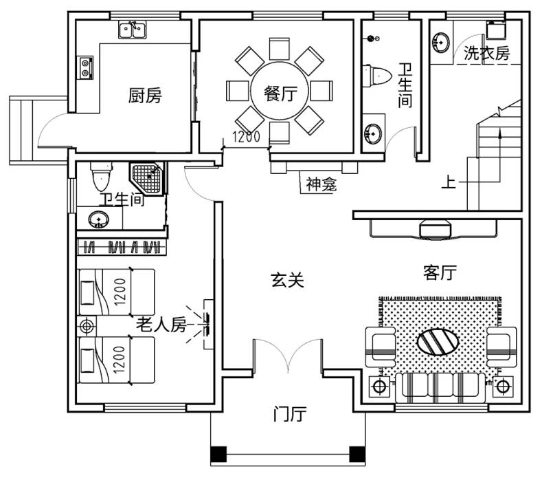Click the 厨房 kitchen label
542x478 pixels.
coord(145,95)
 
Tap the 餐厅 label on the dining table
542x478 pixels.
coord(280,93)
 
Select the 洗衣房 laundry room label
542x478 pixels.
coord(486,53)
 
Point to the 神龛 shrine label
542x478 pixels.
coord(321,184)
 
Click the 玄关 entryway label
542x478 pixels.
coord(287,280)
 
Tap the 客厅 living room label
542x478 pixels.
coord(440,272)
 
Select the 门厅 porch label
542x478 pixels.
coord(290,413)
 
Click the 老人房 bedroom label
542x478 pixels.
coord(161,325)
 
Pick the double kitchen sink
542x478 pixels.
coord(133,30)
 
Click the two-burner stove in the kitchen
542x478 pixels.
coord(85,68)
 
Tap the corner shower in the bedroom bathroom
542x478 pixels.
coord(148,179)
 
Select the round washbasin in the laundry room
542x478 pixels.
coord(441,42)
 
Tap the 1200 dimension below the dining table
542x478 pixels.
coord(246,137)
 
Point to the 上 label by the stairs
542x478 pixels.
coord(449,182)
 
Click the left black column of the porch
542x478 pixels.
coord(218,455)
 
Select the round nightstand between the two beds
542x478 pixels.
coord(87,326)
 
